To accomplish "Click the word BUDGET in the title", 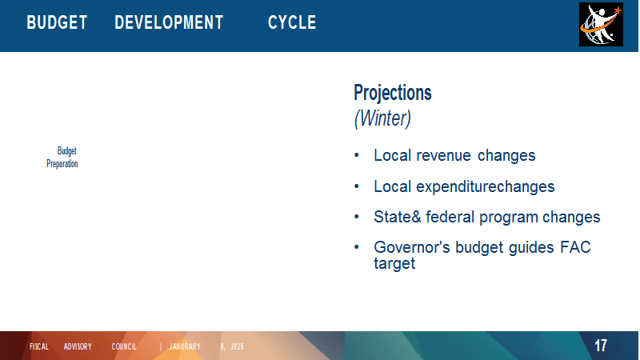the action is pyautogui.click(x=57, y=22).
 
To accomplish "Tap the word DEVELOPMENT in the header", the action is pyautogui.click(x=169, y=22).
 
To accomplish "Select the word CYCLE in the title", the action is pyautogui.click(x=292, y=22).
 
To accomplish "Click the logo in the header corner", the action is pyautogui.click(x=601, y=25).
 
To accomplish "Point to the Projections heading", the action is pyautogui.click(x=393, y=93).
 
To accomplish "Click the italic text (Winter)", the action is pyautogui.click(x=382, y=118).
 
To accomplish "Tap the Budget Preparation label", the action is pyautogui.click(x=62, y=157).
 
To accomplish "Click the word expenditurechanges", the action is pyautogui.click(x=486, y=187).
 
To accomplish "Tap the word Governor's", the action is pyautogui.click(x=412, y=247).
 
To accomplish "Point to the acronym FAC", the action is pyautogui.click(x=575, y=247).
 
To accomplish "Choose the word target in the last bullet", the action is pyautogui.click(x=394, y=264).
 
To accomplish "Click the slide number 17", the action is pyautogui.click(x=601, y=346).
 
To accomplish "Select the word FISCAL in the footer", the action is pyautogui.click(x=39, y=346).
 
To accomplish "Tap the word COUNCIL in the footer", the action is pyautogui.click(x=124, y=346).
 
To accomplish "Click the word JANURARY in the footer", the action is pyautogui.click(x=185, y=346).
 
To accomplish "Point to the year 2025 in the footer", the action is pyautogui.click(x=237, y=346).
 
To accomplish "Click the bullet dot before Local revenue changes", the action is pyautogui.click(x=357, y=155).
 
